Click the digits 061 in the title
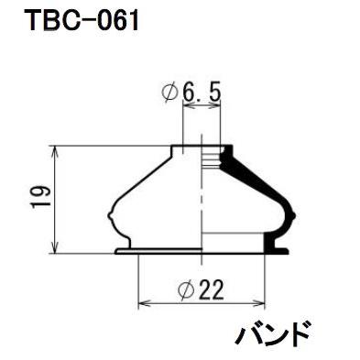tap(115, 19)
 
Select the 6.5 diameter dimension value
tap(202, 93)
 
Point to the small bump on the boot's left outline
tap(111, 215)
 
